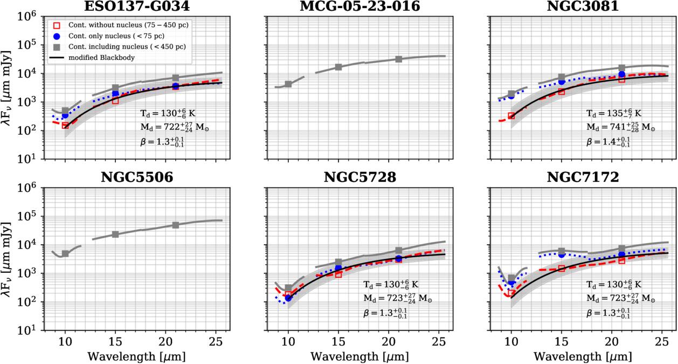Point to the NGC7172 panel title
pyautogui.click(x=579, y=177)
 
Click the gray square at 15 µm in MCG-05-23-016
pyautogui.click(x=338, y=67)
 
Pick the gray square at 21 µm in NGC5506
pyautogui.click(x=176, y=225)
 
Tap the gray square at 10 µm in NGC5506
pyautogui.click(x=65, y=253)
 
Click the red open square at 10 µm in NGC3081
pyautogui.click(x=511, y=116)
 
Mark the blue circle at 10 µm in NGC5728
pyautogui.click(x=288, y=298)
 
